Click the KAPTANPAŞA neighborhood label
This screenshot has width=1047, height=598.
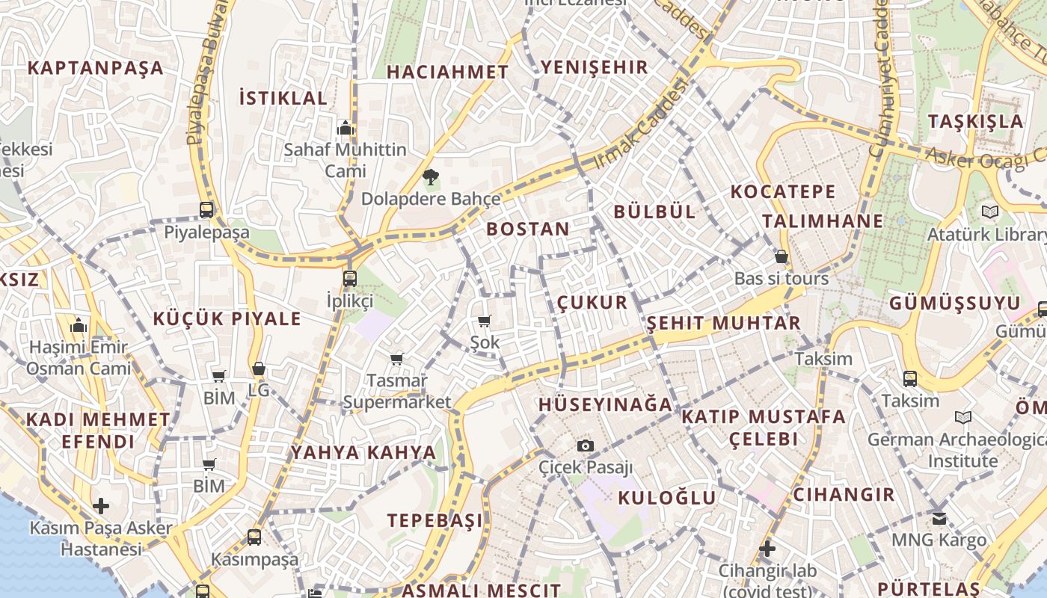95,68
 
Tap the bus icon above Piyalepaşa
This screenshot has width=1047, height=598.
206,210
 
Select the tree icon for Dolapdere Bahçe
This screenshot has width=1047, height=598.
430,177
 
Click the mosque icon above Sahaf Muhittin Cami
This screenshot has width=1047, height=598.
345,128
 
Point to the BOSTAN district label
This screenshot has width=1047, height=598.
528,229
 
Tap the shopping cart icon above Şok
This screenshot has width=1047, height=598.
484,321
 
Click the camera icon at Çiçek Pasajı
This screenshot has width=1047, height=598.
586,446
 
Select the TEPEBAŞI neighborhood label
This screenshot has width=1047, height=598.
435,521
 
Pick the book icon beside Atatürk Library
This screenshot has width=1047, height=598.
990,212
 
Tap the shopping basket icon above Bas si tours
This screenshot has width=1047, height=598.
782,257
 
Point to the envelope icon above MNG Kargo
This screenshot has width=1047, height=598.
939,517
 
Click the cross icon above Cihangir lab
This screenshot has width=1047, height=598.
767,549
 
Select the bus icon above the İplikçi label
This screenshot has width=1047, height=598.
349,279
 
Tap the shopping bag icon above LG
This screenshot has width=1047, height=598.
258,369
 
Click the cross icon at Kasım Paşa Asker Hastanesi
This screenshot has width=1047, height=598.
100,506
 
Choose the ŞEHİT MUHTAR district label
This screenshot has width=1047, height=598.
723,324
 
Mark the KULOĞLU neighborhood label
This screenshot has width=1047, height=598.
667,498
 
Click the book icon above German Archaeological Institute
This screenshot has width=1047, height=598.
963,417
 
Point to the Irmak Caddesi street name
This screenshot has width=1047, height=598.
639,125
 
